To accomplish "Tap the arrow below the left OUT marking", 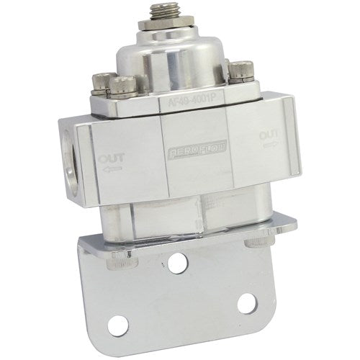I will (112, 170).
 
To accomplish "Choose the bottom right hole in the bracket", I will (246, 302).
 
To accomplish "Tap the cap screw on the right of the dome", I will (239, 73).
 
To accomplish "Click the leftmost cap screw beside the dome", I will (102, 81).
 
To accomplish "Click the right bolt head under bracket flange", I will (253, 240).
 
